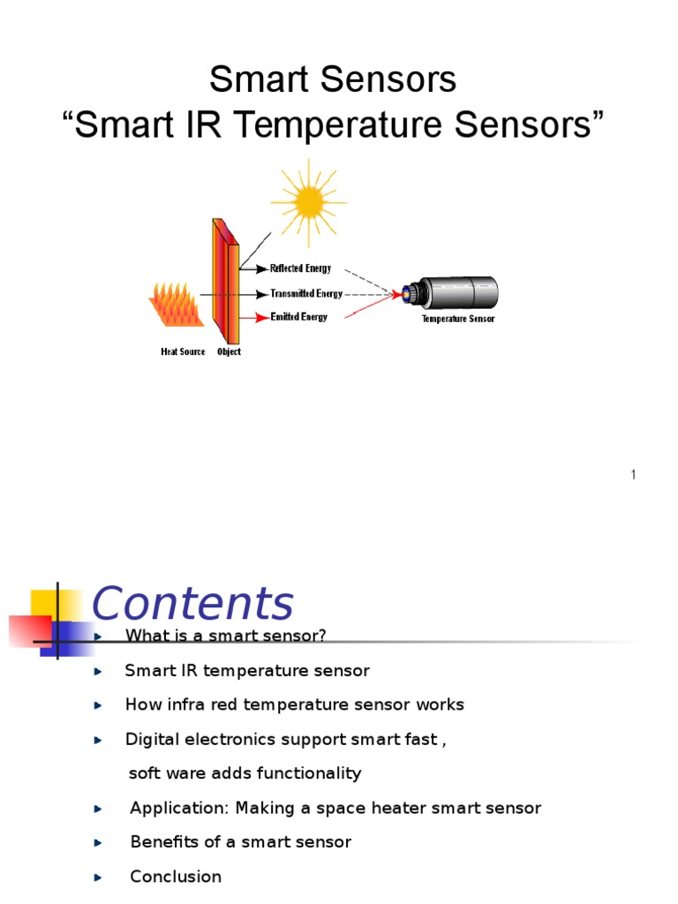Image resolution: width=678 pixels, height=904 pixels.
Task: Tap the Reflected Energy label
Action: click(300, 268)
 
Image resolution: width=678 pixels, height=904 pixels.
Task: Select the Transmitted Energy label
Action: click(305, 294)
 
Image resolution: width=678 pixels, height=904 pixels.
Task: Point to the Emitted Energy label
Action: click(298, 317)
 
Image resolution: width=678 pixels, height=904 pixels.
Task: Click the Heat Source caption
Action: click(183, 352)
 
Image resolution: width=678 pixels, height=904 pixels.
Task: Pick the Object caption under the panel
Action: click(229, 352)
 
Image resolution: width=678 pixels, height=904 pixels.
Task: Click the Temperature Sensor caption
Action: click(457, 319)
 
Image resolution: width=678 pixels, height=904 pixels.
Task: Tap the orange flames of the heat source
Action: click(182, 304)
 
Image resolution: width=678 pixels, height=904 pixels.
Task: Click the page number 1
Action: click(633, 476)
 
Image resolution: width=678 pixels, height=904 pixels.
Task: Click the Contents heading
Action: click(192, 605)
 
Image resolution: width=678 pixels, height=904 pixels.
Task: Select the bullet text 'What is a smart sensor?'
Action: click(226, 637)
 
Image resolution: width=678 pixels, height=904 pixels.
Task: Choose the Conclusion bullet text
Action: click(176, 877)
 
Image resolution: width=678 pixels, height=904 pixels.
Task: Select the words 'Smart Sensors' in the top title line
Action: click(333, 80)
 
